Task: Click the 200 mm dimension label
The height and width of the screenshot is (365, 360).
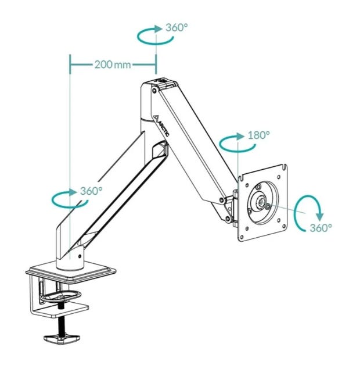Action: coord(113,65)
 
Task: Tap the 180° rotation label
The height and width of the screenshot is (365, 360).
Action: coord(258,135)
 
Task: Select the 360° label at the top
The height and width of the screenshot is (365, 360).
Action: coord(177,28)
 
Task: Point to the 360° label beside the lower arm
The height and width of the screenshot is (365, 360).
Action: coord(91,191)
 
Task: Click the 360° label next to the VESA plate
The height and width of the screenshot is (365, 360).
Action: coord(321,228)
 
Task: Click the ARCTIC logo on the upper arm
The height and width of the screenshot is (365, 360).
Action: coord(163,125)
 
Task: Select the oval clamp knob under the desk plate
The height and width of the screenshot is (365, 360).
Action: coord(60,295)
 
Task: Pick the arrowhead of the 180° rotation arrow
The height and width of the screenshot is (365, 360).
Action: coord(240,137)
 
